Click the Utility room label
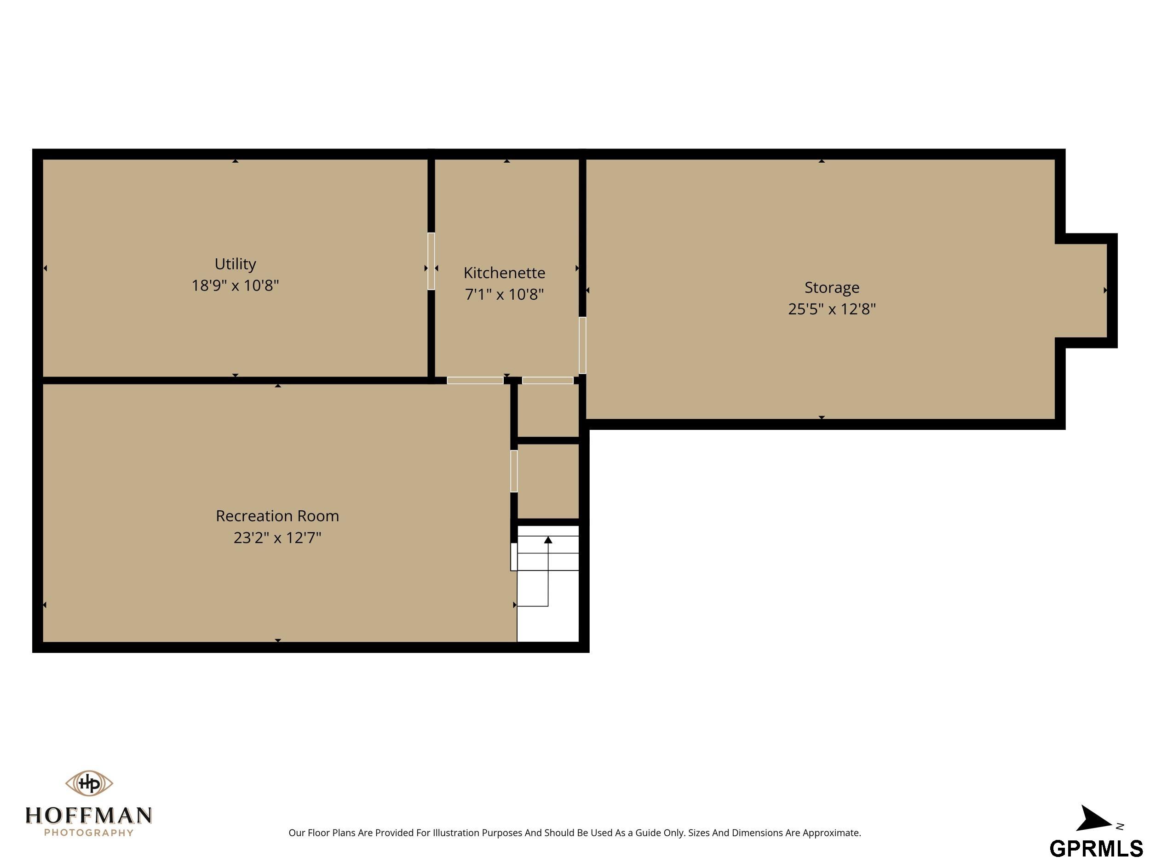coord(235,264)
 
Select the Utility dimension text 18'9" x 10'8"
coord(235,285)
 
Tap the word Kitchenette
coord(504,272)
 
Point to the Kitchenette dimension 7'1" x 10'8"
coord(504,294)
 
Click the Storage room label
coord(832,287)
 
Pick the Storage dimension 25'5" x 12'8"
coord(832,308)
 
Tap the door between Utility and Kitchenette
coord(431,261)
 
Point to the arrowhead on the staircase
coord(548,540)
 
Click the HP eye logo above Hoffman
coord(89,783)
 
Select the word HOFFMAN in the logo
coord(89,815)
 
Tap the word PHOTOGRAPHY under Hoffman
coord(89,833)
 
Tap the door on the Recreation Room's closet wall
coord(514,471)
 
